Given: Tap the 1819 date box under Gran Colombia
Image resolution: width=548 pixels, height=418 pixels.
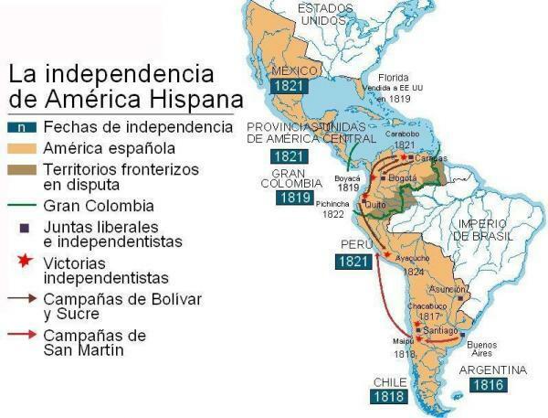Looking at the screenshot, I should (290, 197).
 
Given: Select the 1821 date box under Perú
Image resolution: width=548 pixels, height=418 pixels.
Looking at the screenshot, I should (353, 261).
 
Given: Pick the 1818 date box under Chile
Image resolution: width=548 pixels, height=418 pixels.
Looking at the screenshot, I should (387, 397).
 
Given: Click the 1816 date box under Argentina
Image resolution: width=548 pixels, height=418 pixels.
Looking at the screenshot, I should (488, 385).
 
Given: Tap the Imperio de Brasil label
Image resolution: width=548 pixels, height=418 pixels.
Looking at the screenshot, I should (484, 230).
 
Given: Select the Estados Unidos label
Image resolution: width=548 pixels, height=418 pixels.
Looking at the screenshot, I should (327, 15).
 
